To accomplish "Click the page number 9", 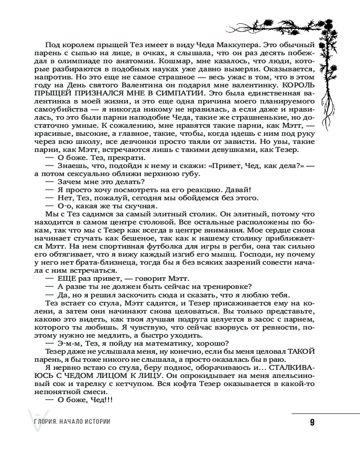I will point(312,422).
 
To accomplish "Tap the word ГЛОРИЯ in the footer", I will point(38,422).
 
